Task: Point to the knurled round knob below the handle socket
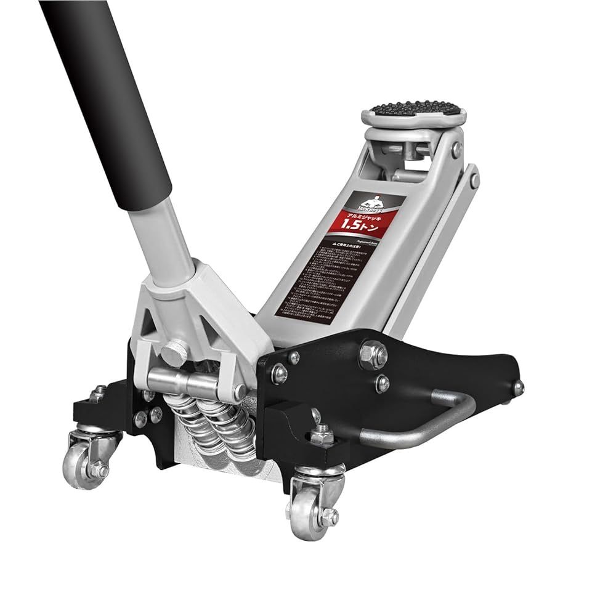(x=174, y=352)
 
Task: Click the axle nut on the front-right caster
(x=330, y=516)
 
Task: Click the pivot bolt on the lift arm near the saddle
(x=456, y=148)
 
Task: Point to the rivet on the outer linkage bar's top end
(x=474, y=180)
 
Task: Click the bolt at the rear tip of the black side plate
(x=519, y=387)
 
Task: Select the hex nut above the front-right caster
(x=321, y=436)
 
